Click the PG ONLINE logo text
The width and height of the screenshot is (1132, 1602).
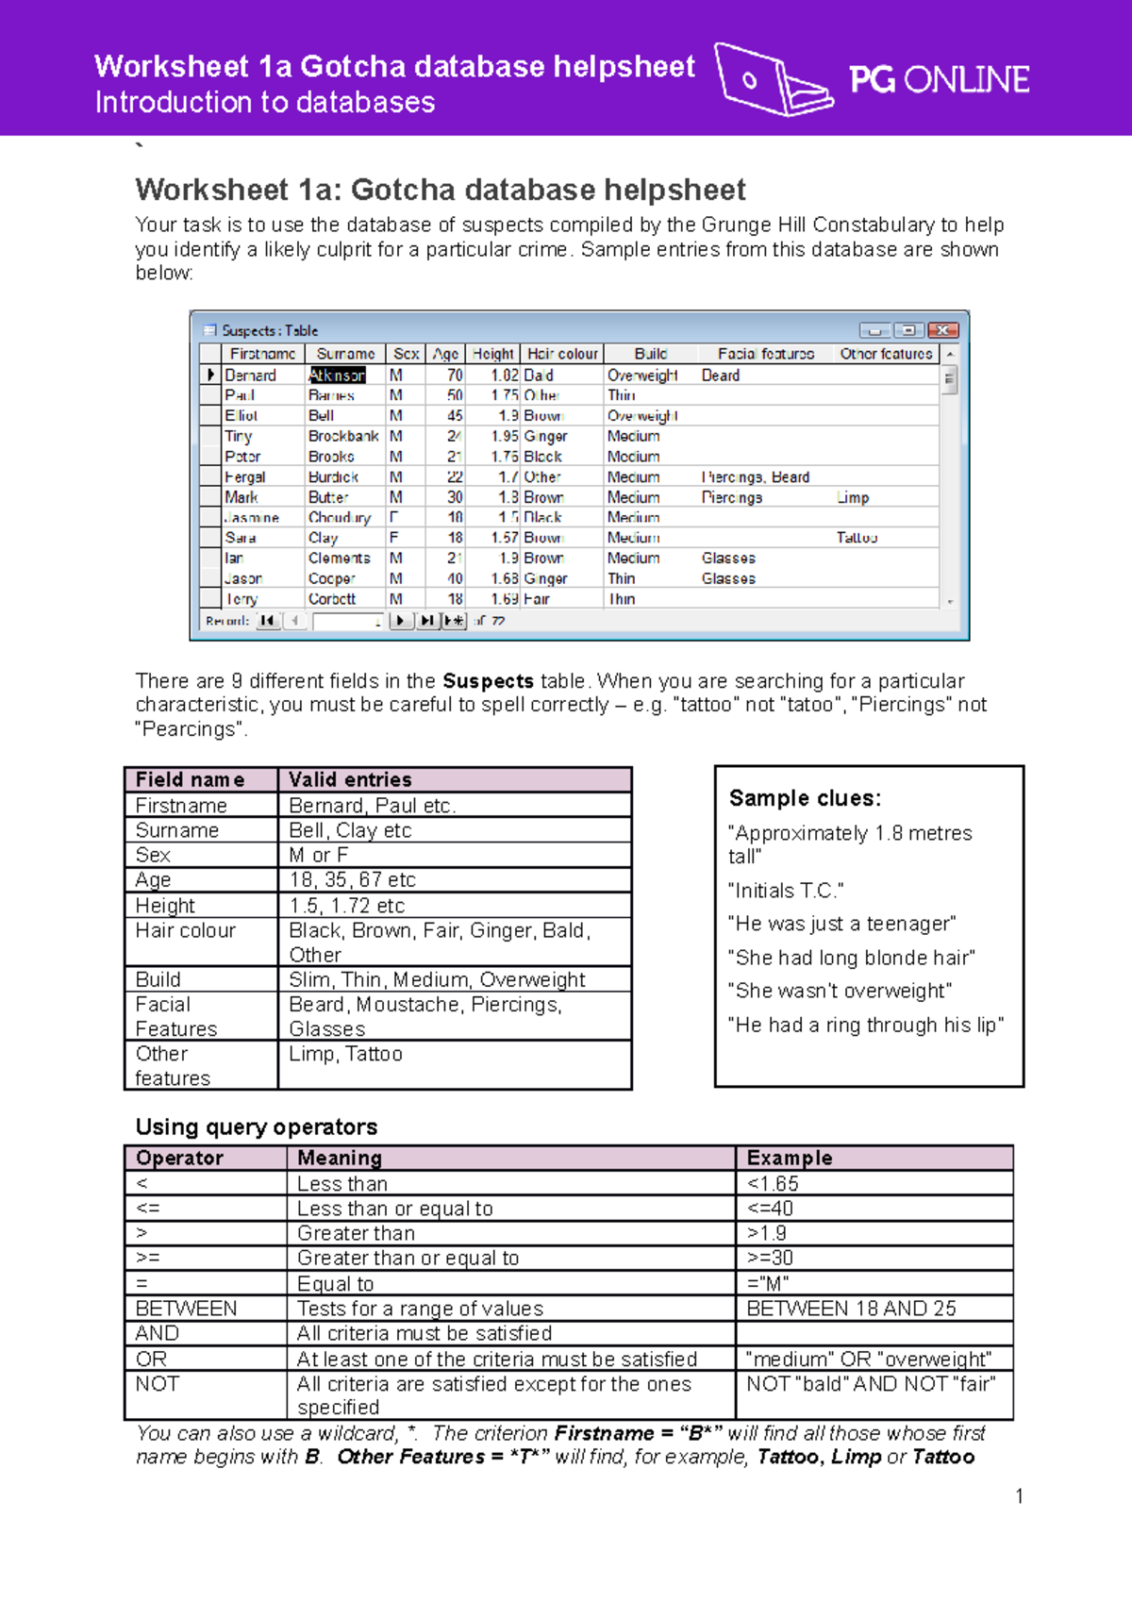point(939,80)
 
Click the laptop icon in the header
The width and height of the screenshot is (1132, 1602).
point(772,80)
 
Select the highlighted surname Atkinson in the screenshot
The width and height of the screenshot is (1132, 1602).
point(337,375)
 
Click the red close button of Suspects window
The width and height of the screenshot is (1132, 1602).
point(942,330)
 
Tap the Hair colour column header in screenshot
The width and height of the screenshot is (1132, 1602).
point(562,354)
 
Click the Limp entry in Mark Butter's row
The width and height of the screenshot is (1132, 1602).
point(853,497)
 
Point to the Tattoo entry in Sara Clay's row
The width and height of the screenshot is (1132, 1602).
point(857,538)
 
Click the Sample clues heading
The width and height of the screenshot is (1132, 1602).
point(805,798)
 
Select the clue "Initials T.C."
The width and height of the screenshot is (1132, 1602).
point(786,891)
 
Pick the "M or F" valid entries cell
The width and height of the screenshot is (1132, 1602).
point(319,855)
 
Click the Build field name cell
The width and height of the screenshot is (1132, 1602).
point(158,979)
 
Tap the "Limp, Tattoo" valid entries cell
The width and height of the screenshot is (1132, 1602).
point(345,1054)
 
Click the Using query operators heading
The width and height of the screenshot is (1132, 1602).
point(256,1126)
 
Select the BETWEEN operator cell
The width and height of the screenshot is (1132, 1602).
point(187,1309)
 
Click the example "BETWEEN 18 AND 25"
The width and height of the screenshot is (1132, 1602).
point(851,1309)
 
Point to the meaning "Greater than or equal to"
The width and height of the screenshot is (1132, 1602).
point(408,1258)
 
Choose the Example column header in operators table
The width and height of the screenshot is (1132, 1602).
point(790,1158)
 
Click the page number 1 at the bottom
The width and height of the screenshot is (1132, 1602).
point(1019,1495)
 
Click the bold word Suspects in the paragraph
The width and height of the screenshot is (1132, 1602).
point(488,681)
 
